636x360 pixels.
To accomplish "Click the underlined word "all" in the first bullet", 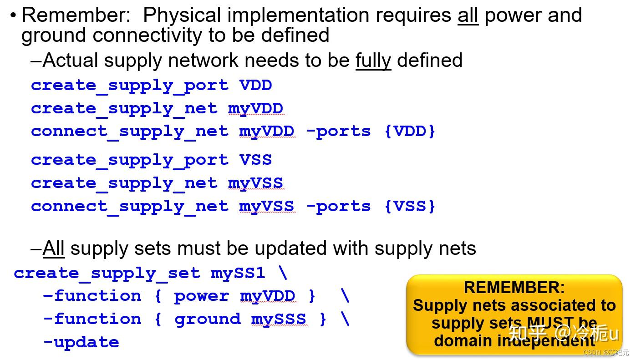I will [468, 15].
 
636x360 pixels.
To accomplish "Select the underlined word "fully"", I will [373, 60].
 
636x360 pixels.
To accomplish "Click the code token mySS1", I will [238, 273].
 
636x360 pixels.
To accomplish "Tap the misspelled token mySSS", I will [279, 319].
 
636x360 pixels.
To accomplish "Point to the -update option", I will [81, 342].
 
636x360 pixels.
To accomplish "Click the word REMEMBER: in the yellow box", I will [514, 287].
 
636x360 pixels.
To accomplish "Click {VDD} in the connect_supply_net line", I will [410, 132].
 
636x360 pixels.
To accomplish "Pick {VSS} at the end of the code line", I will [410, 206].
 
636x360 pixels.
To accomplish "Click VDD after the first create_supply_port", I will [255, 86].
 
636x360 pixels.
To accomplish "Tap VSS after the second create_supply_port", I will [255, 160].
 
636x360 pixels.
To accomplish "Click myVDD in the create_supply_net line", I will [255, 109].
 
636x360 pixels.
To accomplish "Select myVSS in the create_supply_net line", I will [255, 183].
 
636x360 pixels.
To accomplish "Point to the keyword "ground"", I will [207, 319].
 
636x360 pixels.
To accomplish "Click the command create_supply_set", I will [107, 273].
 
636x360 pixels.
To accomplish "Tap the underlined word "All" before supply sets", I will [53, 248].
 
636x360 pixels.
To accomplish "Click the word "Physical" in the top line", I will [183, 15].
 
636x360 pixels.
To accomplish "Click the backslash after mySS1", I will [283, 273].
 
